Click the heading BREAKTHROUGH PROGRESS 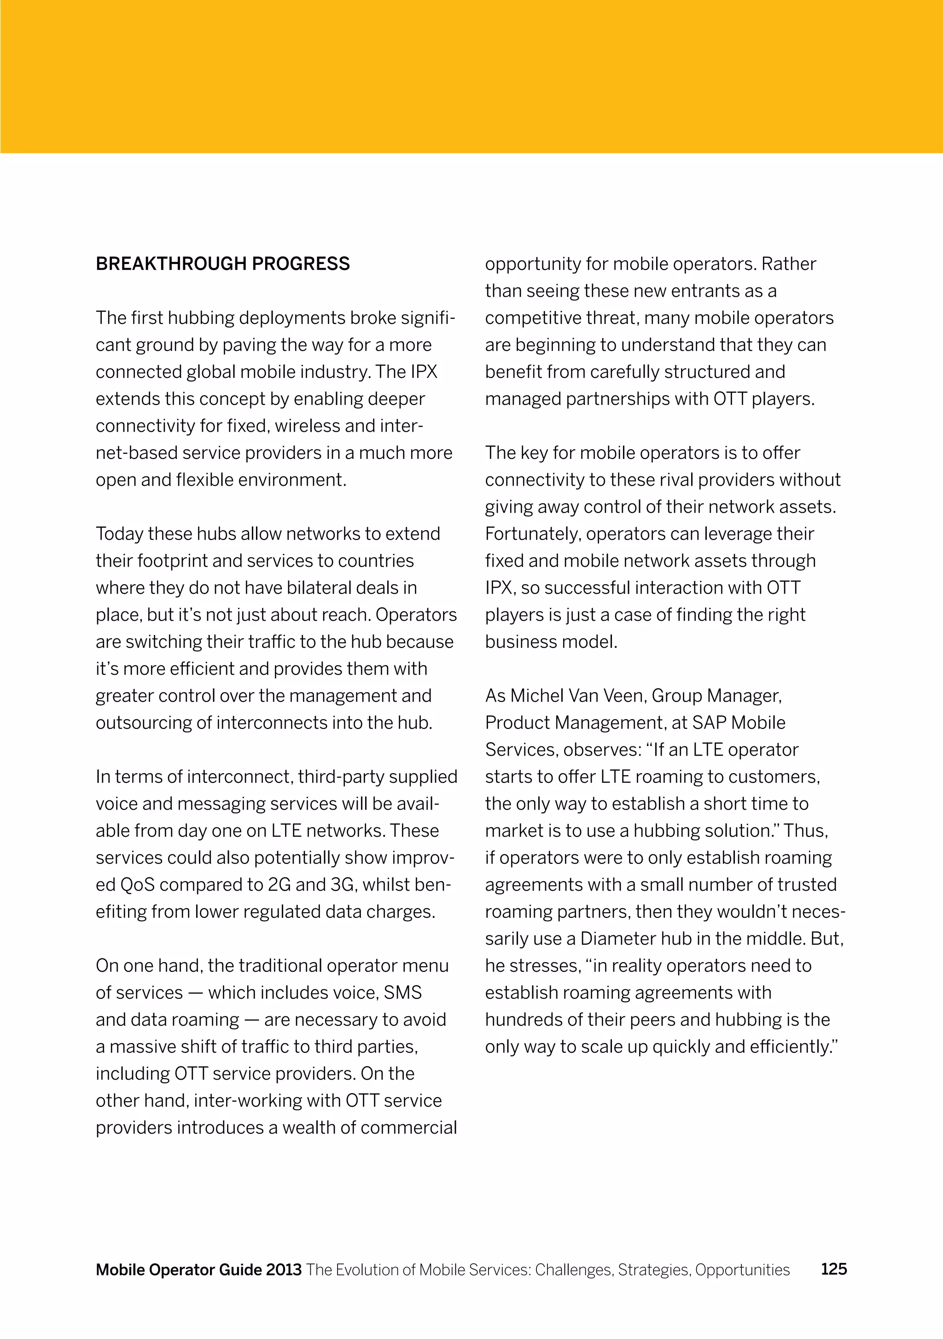(223, 264)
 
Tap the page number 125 (833, 1269)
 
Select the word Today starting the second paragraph (119, 534)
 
